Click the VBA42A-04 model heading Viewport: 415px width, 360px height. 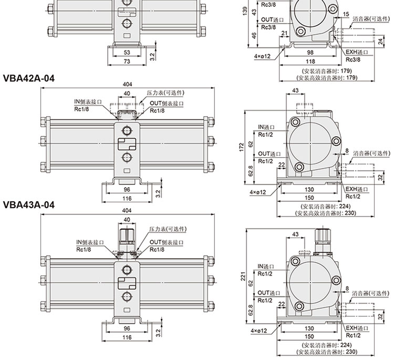(x=28, y=78)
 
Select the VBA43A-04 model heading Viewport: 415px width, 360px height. (x=28, y=204)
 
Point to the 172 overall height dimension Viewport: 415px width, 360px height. (x=241, y=148)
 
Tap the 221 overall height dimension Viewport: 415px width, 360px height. (x=243, y=276)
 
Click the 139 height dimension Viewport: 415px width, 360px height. (x=245, y=11)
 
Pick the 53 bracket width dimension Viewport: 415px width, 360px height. (x=127, y=53)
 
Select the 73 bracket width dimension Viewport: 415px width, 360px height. (x=127, y=61)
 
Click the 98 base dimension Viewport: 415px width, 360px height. (x=310, y=53)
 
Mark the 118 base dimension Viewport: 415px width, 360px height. (x=310, y=61)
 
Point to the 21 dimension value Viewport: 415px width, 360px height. (x=284, y=33)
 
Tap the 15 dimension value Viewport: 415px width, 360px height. (x=346, y=14)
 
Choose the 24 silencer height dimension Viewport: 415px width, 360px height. (x=381, y=42)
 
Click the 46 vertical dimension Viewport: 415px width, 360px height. (x=254, y=35)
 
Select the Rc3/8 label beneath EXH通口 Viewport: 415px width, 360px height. (x=353, y=59)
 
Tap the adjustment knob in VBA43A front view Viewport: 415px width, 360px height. (x=127, y=236)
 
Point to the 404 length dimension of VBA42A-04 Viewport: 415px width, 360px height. (x=127, y=84)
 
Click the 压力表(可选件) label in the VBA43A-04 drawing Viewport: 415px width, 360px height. (x=168, y=229)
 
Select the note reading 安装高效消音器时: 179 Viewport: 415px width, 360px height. (x=327, y=78)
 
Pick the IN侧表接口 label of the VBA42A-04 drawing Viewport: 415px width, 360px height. (x=88, y=101)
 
